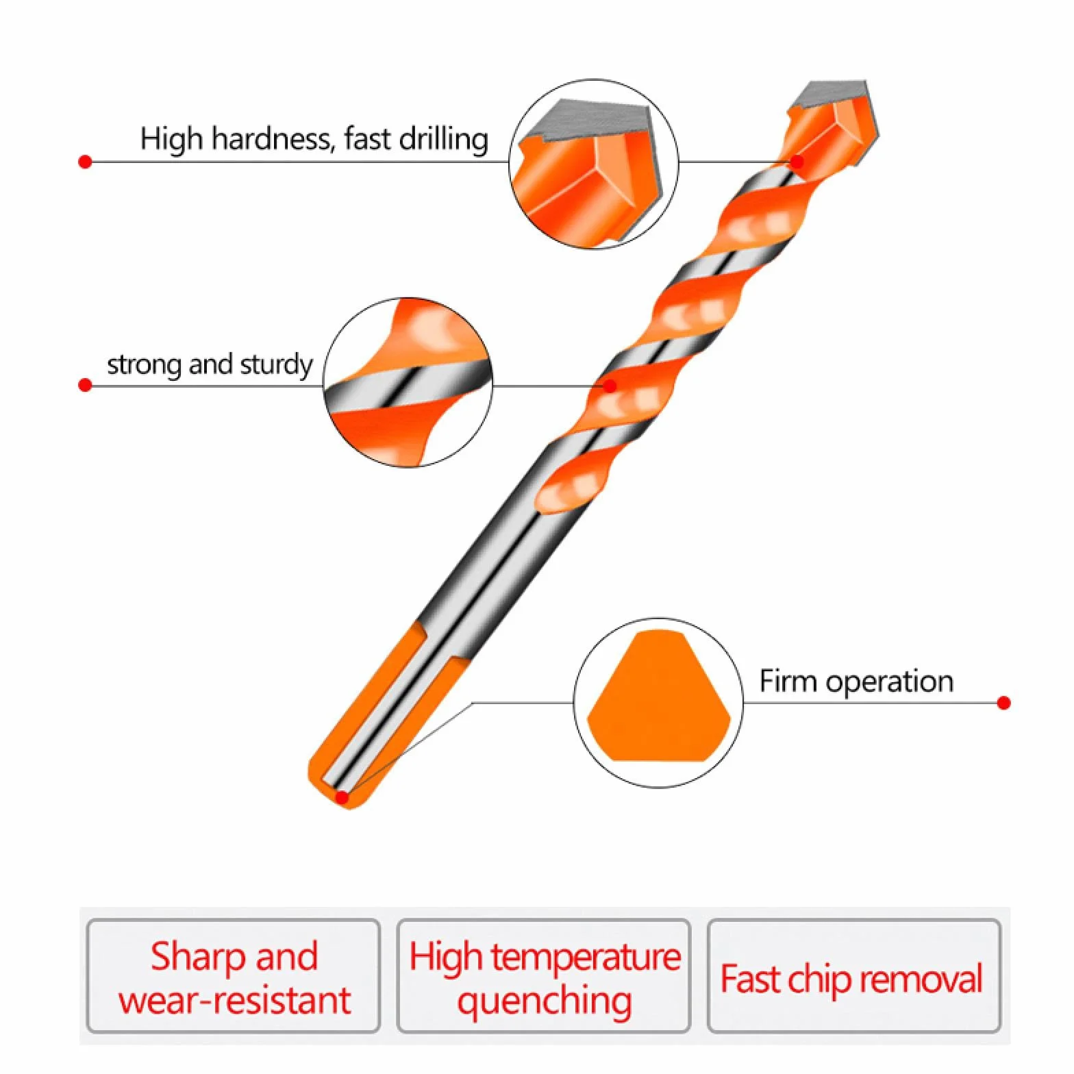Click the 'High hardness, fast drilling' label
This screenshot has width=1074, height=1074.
tap(314, 138)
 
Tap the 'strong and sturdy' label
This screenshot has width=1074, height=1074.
tap(210, 364)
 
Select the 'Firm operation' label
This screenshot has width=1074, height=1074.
tap(856, 682)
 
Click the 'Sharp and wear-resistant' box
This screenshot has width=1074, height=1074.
tap(234, 975)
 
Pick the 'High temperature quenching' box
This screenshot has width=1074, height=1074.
tap(544, 975)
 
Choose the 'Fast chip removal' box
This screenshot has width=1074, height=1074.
tap(854, 975)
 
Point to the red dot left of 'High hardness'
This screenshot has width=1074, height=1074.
tap(85, 162)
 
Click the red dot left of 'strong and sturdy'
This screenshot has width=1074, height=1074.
tap(85, 386)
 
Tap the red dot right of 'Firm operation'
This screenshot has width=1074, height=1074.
tap(1004, 703)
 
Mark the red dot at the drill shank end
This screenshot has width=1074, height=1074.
tap(342, 797)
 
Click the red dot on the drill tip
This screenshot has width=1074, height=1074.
tap(797, 162)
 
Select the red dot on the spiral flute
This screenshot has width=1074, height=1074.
tap(610, 386)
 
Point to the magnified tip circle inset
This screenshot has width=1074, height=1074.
tap(594, 164)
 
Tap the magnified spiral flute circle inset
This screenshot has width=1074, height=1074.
tap(408, 383)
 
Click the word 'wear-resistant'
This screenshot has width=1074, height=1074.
tap(234, 1001)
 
